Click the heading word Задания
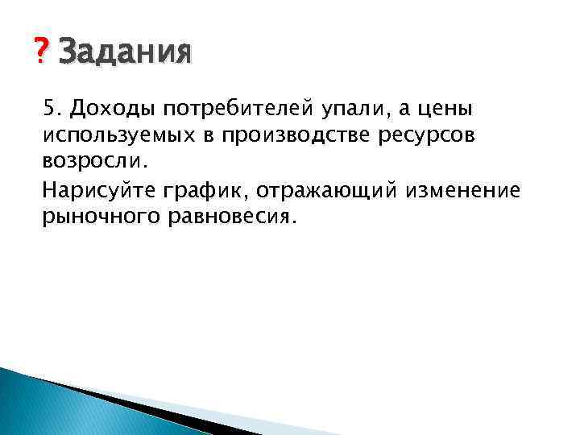126,54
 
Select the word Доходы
108,107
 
